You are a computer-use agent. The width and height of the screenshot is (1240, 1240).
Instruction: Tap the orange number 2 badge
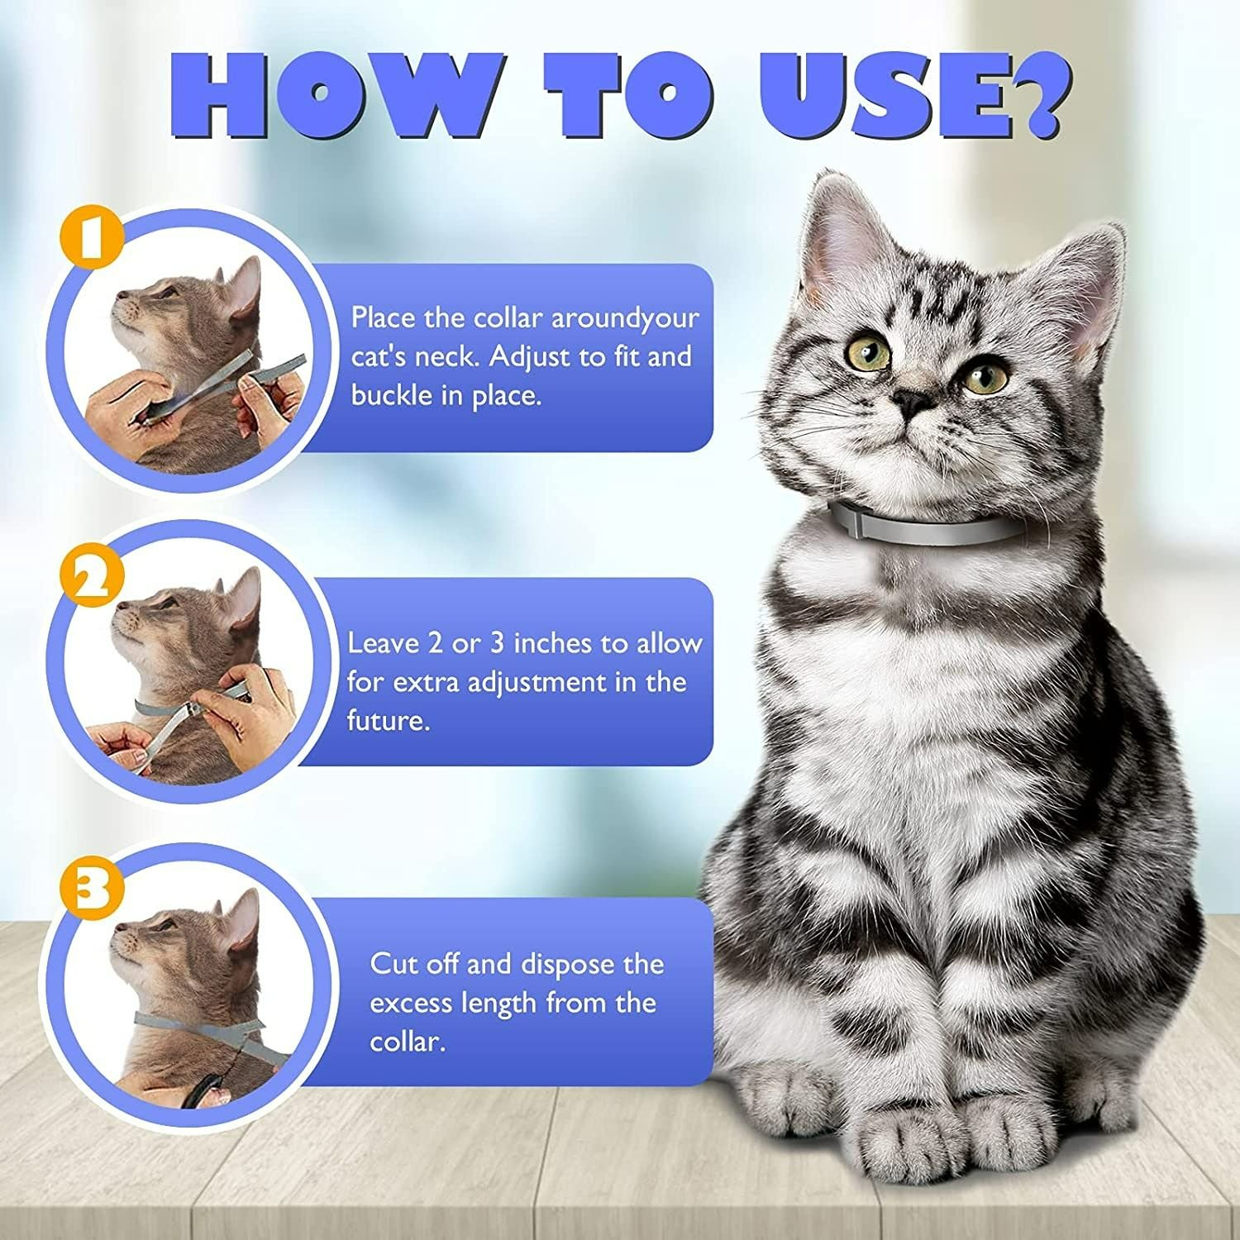pyautogui.click(x=92, y=576)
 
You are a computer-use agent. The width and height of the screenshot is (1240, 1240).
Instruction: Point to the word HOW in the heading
pyautogui.click(x=331, y=95)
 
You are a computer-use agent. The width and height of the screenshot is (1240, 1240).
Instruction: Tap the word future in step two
pyautogui.click(x=388, y=720)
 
